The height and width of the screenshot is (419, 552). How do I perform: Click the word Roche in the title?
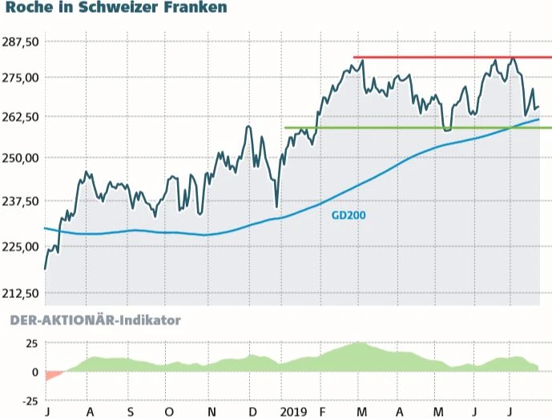(30, 8)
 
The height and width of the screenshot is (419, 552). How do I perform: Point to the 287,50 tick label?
(22, 41)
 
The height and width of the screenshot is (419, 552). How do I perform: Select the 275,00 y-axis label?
(22, 78)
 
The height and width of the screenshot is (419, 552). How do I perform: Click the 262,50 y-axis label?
(22, 117)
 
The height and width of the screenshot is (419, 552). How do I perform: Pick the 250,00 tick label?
(22, 158)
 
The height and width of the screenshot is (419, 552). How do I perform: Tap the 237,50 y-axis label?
(22, 201)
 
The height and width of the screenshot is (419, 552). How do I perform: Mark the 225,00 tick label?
(22, 246)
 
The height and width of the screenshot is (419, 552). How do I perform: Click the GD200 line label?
(349, 216)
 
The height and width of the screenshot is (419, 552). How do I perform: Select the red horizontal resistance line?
(449, 58)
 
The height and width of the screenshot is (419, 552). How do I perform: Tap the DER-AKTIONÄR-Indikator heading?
(95, 320)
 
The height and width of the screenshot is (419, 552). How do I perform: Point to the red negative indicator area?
(53, 375)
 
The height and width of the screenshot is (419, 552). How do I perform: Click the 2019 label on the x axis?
(294, 412)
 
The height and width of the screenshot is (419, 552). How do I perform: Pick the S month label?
(130, 412)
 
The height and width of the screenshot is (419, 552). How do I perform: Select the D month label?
(252, 412)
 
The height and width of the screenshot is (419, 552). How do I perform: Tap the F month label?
(322, 412)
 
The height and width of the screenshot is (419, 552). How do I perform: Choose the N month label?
(212, 412)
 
